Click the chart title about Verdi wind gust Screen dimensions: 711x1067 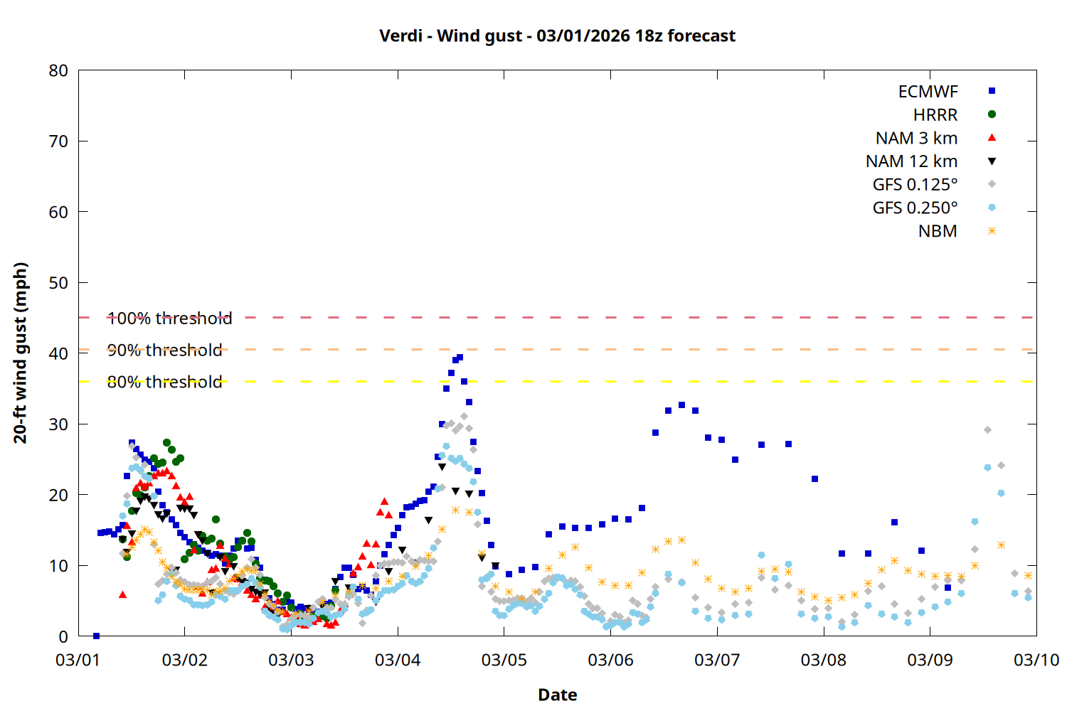coord(557,36)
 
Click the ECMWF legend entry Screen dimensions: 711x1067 coord(928,92)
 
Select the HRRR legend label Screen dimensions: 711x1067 coord(935,115)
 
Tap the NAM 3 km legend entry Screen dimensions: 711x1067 coord(916,138)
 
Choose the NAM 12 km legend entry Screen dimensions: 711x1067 coord(911,161)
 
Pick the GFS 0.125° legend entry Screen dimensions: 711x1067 coord(915,185)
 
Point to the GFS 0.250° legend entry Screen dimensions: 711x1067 coord(915,208)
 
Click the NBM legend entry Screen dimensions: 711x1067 coord(938,232)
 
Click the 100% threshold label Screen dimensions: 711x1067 coord(169,319)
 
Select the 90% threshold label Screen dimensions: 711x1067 coord(164,351)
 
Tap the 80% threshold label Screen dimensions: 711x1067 coord(164,383)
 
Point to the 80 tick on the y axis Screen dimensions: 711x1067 coord(59,71)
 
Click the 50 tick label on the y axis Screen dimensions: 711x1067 coord(59,283)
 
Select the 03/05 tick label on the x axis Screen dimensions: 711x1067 coord(504,661)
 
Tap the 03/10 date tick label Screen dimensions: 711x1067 coord(1036,661)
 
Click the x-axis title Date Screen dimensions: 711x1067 coord(557,695)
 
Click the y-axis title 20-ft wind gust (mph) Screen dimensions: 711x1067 coord(21,353)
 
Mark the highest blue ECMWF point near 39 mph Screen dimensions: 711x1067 coord(460,358)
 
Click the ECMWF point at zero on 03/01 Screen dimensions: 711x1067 coord(96,636)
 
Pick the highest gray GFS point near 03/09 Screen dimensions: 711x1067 coord(987,430)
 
